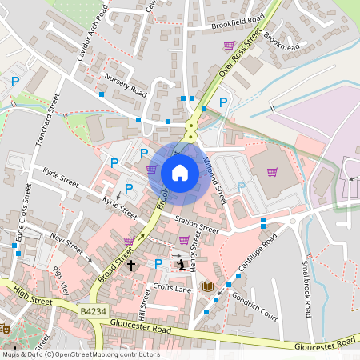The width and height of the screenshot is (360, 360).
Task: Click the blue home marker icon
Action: point(180,172)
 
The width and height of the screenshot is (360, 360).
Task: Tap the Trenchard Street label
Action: point(47,119)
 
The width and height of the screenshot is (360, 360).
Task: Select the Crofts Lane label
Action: point(173,288)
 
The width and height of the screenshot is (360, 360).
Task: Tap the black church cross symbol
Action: point(131,263)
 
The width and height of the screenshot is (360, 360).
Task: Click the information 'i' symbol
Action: point(182,264)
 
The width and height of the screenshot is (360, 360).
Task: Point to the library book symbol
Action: point(207,286)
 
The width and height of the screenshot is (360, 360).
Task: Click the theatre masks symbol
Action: point(3,328)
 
